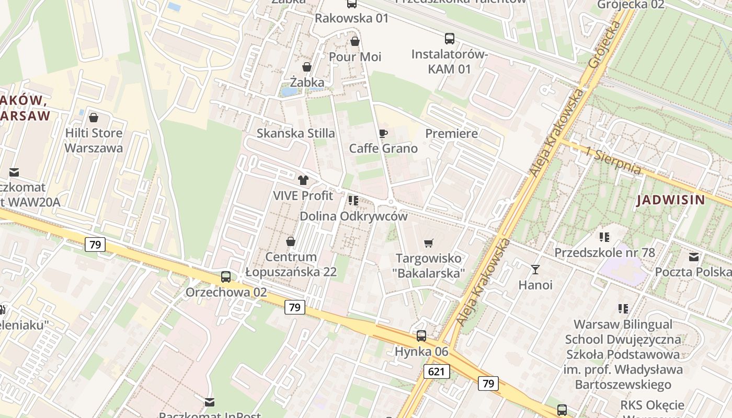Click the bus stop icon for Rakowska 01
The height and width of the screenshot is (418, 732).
pyautogui.click(x=352, y=4)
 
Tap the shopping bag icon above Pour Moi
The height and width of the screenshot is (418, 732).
pyautogui.click(x=355, y=41)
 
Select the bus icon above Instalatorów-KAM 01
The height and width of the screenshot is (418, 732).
pyautogui.click(x=449, y=38)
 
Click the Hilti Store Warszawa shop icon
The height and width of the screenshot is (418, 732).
pyautogui.click(x=94, y=118)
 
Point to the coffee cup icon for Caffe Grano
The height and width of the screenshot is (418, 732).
pyautogui.click(x=383, y=133)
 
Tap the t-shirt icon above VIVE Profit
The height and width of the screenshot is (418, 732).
pyautogui.click(x=303, y=180)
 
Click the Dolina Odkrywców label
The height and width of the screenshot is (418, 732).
pyautogui.click(x=353, y=216)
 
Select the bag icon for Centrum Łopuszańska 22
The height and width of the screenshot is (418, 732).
pyautogui.click(x=290, y=241)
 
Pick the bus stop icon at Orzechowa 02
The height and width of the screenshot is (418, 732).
pyautogui.click(x=226, y=277)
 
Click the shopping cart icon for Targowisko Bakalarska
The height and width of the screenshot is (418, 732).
pyautogui.click(x=429, y=243)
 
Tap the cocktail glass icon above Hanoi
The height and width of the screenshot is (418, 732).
pyautogui.click(x=535, y=270)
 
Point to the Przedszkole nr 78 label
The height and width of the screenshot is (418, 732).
pyautogui.click(x=604, y=253)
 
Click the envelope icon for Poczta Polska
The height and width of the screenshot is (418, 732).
pyautogui.click(x=693, y=257)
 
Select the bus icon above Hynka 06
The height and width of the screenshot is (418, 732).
pyautogui.click(x=421, y=336)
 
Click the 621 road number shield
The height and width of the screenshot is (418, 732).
pyautogui.click(x=436, y=371)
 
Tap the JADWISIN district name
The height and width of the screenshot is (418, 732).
pyautogui.click(x=671, y=200)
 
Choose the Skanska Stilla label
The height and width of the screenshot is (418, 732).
pyautogui.click(x=295, y=133)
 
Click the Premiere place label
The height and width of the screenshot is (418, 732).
pyautogui.click(x=451, y=133)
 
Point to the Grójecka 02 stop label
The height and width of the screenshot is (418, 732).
pyautogui.click(x=631, y=5)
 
